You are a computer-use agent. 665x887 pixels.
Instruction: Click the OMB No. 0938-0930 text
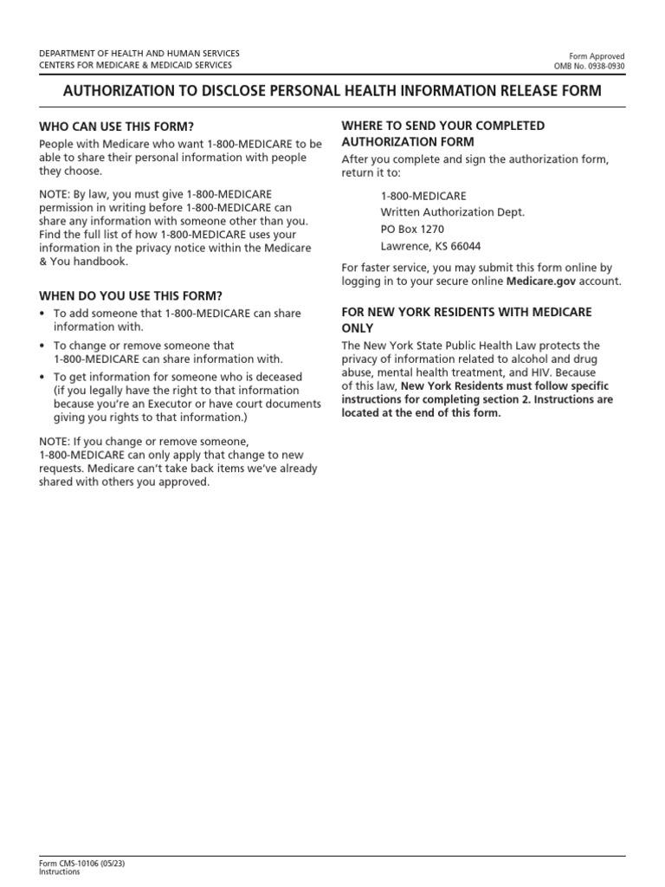pos(590,66)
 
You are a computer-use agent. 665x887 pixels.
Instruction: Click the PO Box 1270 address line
pos(412,229)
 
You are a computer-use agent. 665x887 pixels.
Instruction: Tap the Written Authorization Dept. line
pos(452,212)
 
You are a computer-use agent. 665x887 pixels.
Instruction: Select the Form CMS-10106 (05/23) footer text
pos(76,864)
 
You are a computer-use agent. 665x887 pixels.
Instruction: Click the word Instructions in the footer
pos(60,872)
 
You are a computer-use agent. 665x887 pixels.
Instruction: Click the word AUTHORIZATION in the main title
pos(120,91)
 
